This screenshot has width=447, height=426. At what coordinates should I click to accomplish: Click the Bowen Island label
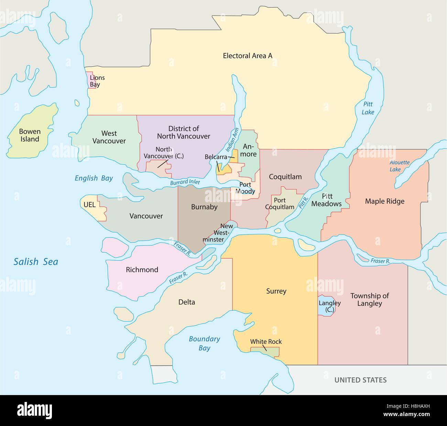pos(30,135)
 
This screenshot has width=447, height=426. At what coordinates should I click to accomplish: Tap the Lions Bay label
pos(97,81)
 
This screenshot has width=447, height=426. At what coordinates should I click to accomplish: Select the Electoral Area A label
pos(248,55)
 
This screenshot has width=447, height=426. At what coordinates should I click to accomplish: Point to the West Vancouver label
pos(109,137)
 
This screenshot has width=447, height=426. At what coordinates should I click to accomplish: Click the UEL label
pos(89,205)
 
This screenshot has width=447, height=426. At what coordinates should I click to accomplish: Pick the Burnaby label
pos(204,207)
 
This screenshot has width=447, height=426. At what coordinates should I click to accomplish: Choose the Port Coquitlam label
pos(280,204)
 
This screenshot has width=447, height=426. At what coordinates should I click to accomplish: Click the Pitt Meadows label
pos(327,200)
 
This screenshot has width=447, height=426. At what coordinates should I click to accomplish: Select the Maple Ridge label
pos(384,201)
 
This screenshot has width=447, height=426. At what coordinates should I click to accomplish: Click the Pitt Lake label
pos(367,108)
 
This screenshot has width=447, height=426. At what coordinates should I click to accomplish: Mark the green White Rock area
pos(265,352)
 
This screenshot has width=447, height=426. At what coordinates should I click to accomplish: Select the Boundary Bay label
pos(204,343)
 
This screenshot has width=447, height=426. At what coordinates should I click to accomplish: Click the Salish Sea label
pos(36,262)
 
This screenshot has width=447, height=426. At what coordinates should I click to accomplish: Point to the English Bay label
pos(94,178)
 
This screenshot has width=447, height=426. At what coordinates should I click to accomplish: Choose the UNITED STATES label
pos(361,380)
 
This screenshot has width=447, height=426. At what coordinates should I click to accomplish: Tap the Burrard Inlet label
pos(185,182)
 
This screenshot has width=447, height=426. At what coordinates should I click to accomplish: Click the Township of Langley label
pos(369,299)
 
